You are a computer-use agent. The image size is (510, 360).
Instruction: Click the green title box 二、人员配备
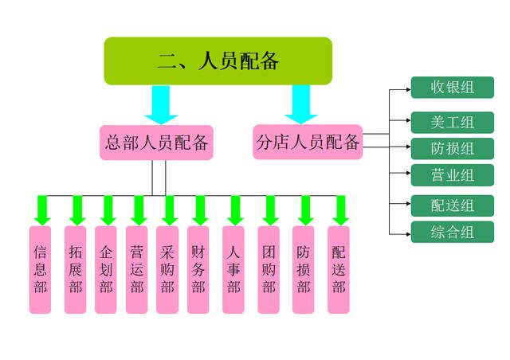point(218,61)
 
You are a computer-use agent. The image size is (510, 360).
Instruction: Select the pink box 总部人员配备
point(157,143)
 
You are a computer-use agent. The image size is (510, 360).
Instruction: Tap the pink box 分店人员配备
point(308,142)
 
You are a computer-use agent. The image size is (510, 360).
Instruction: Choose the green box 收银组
point(453,87)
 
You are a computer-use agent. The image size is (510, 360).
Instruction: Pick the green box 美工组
point(453,122)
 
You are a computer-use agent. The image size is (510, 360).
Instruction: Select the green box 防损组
point(453,148)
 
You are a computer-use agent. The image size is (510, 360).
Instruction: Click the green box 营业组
point(453,174)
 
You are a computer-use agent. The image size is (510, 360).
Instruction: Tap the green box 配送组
point(453,205)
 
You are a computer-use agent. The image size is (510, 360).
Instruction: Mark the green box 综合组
point(453,232)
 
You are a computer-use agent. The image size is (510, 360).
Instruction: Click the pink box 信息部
point(41,269)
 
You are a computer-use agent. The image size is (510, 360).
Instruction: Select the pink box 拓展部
point(76,269)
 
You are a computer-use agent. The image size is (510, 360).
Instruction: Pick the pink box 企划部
point(106,269)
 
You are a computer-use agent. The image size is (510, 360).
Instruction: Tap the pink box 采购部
point(167,269)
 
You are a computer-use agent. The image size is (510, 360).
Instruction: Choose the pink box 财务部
point(198,269)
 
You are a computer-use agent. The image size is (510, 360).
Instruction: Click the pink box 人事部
point(233,269)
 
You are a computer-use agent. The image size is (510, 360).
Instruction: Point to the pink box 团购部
point(269,269)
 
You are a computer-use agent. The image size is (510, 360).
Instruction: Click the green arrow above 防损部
point(304,209)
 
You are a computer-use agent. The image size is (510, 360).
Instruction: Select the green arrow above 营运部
point(138,209)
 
